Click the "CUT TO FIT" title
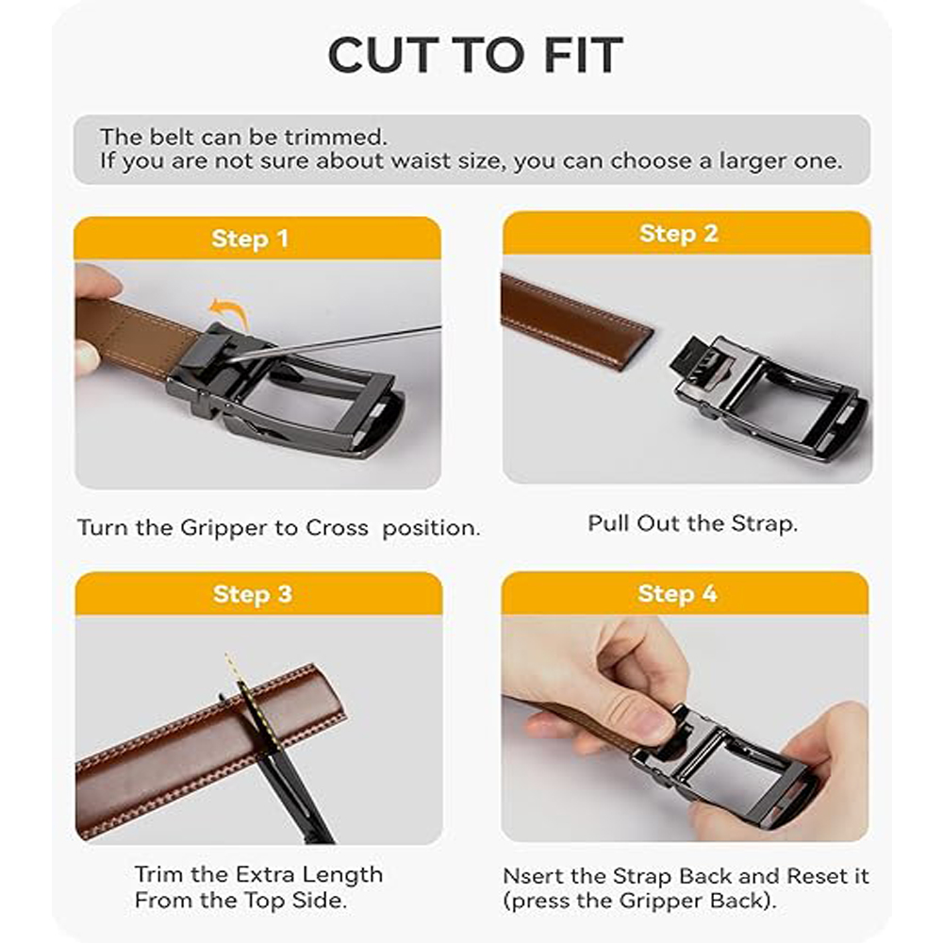[x=475, y=55]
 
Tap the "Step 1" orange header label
[x=250, y=239]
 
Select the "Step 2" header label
[x=679, y=233]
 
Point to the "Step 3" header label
[x=253, y=594]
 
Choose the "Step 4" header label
[x=678, y=593]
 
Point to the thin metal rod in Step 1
[x=337, y=343]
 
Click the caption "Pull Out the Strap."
[x=693, y=523]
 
